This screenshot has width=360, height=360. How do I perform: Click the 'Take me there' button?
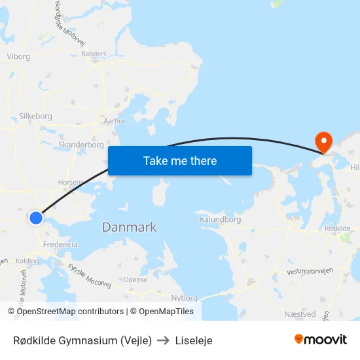tap(180, 160)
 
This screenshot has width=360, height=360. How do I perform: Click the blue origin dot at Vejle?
tap(36, 218)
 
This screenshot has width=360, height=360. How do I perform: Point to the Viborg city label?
tap(18, 56)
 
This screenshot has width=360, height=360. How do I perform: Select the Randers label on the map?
tap(94, 54)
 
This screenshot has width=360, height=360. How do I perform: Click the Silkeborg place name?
tap(35, 116)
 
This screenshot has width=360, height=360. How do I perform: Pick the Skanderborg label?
tap(81, 145)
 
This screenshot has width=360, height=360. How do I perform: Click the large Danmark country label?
tap(129, 227)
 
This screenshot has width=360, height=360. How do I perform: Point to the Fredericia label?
tap(60, 244)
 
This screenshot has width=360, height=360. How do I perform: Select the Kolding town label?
tap(27, 261)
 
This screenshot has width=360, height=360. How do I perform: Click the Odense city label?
tap(135, 279)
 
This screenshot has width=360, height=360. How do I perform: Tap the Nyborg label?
tap(184, 298)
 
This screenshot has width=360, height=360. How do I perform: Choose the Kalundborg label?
tap(220, 220)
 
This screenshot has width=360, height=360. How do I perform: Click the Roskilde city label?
tap(338, 228)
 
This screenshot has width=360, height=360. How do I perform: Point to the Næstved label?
tap(298, 314)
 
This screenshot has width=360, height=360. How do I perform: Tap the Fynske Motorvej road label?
tap(90, 275)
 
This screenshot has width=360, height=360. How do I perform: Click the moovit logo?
tap(320, 340)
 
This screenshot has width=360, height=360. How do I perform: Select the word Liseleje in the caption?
tap(194, 340)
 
